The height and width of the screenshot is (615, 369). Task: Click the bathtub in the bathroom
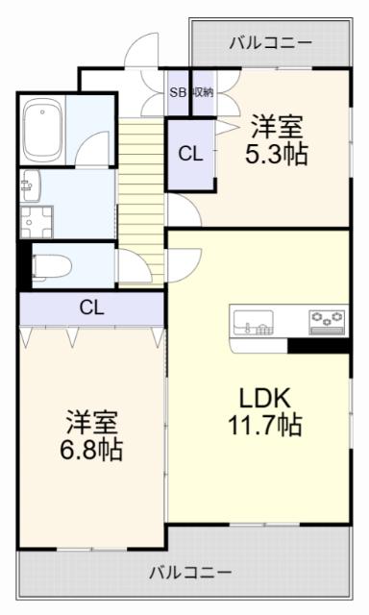(x=42, y=131)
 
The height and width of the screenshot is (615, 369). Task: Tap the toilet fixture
(x=51, y=267)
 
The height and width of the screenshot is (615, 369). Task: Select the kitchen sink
(x=254, y=322)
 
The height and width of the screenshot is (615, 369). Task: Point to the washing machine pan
(x=37, y=222)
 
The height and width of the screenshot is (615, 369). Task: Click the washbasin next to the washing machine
(x=31, y=185)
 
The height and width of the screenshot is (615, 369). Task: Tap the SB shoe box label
(x=178, y=92)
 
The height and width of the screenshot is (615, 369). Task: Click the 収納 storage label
(x=203, y=92)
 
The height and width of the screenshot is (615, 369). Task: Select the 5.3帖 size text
(x=277, y=154)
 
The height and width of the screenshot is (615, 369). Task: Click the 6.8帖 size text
(x=91, y=450)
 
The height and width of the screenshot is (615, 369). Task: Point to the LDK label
(x=264, y=398)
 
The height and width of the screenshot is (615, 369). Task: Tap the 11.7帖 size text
(x=264, y=425)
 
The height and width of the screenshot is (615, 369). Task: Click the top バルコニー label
(x=270, y=42)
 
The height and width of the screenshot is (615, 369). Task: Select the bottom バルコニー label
(x=190, y=573)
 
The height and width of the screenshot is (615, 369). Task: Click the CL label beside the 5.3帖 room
(x=190, y=154)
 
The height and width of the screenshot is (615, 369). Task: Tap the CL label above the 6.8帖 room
(x=91, y=307)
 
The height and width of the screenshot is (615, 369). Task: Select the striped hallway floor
(x=141, y=203)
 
